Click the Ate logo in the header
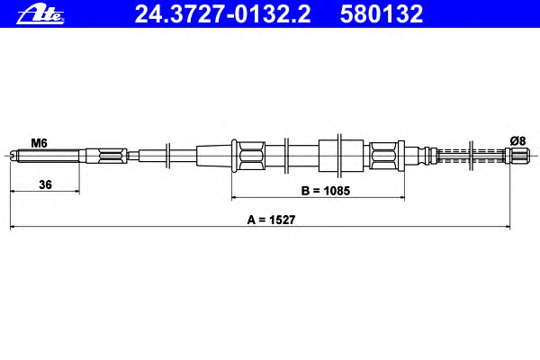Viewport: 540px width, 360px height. (x=40, y=14)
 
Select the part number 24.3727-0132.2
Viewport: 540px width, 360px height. (x=223, y=14)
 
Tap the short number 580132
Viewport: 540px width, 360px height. (x=382, y=14)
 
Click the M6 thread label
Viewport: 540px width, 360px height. (x=39, y=142)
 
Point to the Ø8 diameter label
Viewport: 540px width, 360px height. (x=517, y=141)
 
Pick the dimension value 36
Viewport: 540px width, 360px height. (x=45, y=184)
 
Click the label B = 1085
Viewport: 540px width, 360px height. (x=326, y=191)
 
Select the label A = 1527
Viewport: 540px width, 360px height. (x=271, y=220)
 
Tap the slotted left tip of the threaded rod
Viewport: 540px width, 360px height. (x=13, y=156)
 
